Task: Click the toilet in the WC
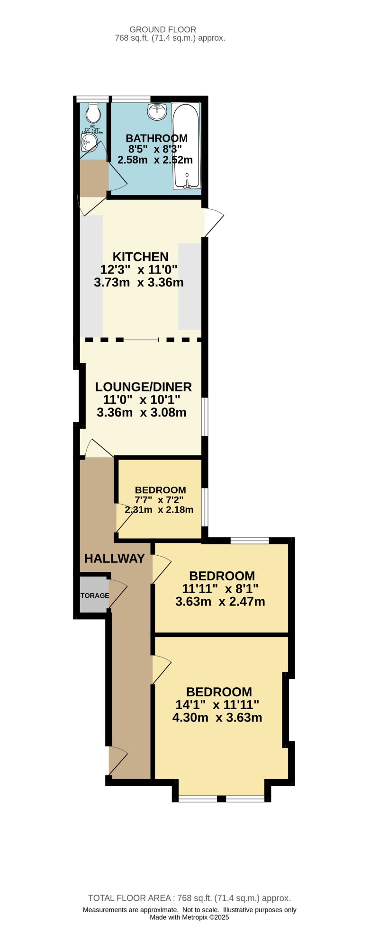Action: pos(94,113)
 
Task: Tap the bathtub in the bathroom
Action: pos(186,146)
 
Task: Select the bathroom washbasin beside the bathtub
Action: pos(157,112)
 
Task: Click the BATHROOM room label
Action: pos(156,138)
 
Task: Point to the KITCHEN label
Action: pos(140,257)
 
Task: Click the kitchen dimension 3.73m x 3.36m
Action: pos(139,283)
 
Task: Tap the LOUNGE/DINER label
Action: pos(143,387)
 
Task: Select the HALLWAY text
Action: pos(114,559)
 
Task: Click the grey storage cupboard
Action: pos(93,595)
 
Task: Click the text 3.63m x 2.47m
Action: pos(220,602)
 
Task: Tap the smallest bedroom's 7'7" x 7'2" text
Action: pos(160,500)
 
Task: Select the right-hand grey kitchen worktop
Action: pos(189,286)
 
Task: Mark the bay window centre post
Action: pos(221,799)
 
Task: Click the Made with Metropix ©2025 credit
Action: pos(189,917)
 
